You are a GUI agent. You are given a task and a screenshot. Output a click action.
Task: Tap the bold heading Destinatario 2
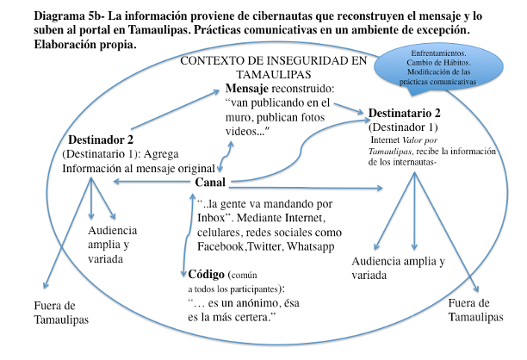405,114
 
